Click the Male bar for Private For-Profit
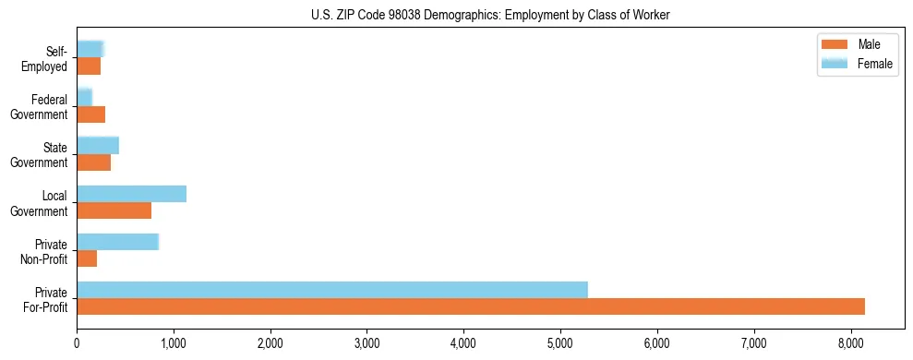point(471,306)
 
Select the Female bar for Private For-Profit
point(332,289)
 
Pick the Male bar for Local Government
point(114,210)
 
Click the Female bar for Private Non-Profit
point(117,242)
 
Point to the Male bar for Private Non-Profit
point(87,258)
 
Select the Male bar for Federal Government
point(90,114)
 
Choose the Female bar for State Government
point(98,145)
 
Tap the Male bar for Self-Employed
point(89,66)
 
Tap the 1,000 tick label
point(174,342)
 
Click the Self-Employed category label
point(49,58)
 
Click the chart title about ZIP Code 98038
point(490,14)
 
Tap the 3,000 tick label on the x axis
point(366,342)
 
